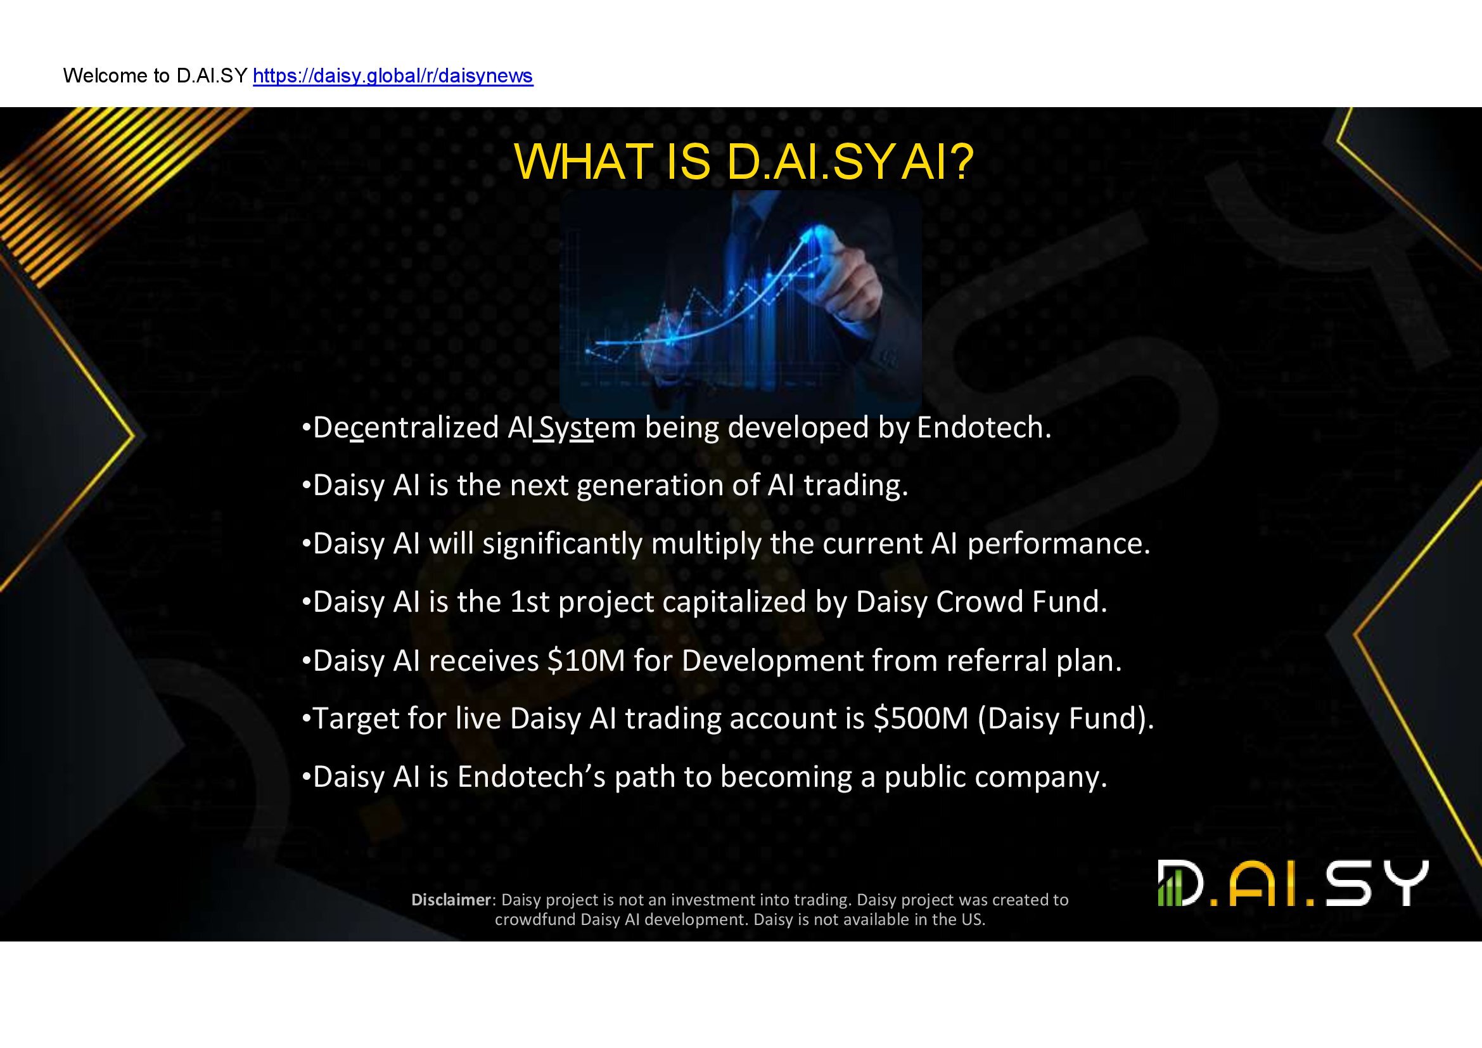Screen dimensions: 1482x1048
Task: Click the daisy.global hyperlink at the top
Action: tap(393, 76)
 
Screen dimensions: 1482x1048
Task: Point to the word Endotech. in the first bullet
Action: tap(984, 427)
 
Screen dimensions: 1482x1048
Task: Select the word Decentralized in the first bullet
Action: tap(406, 427)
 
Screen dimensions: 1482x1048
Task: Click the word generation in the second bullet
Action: tap(649, 486)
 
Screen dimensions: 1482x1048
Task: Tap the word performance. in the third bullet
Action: tap(1059, 545)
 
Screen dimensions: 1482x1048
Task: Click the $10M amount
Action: tap(586, 661)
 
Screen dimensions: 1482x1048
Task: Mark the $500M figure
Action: tap(921, 719)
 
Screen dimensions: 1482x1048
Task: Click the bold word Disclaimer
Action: tap(452, 900)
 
